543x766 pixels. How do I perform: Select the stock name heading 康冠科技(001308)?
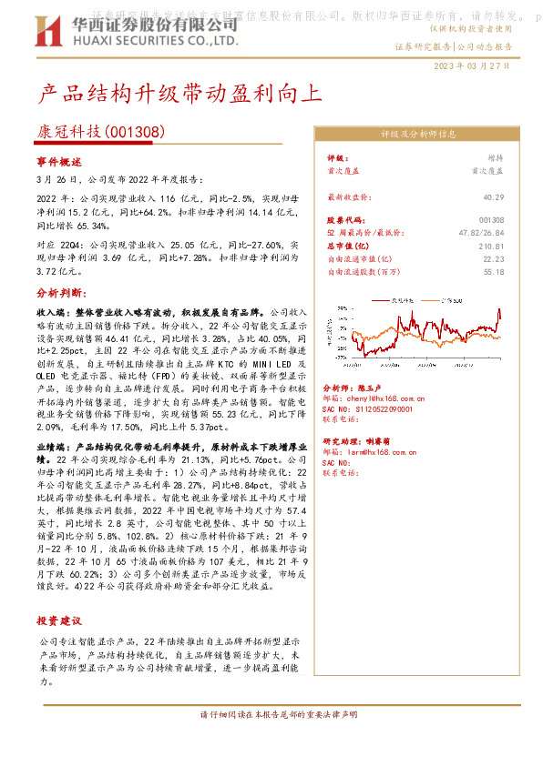click(x=100, y=132)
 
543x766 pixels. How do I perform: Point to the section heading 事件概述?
click(x=58, y=162)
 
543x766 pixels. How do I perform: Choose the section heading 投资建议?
click(x=58, y=621)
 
